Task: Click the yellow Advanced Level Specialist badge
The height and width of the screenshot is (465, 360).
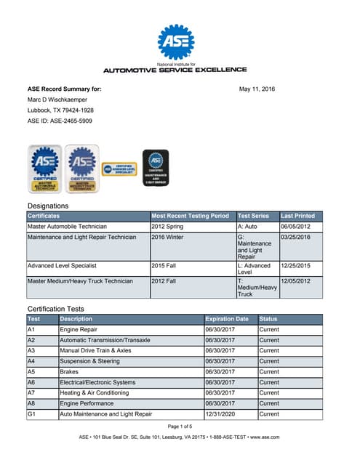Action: pyautogui.click(x=119, y=171)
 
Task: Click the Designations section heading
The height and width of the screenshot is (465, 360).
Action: pyautogui.click(x=47, y=206)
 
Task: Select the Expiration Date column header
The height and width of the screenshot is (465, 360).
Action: pyautogui.click(x=227, y=319)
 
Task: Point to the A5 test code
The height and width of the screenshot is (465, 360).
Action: pyautogui.click(x=31, y=371)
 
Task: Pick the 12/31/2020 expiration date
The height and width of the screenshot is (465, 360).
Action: pyautogui.click(x=221, y=414)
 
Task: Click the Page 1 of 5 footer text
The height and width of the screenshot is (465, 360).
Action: pyautogui.click(x=180, y=426)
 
